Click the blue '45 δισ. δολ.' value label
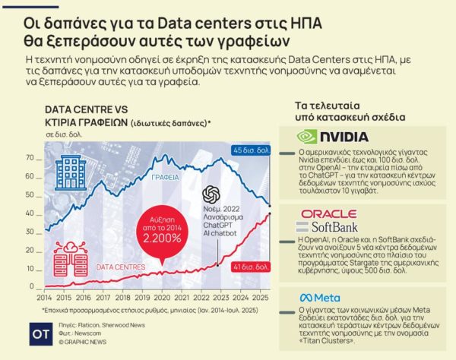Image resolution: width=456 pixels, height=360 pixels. click(x=252, y=150)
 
